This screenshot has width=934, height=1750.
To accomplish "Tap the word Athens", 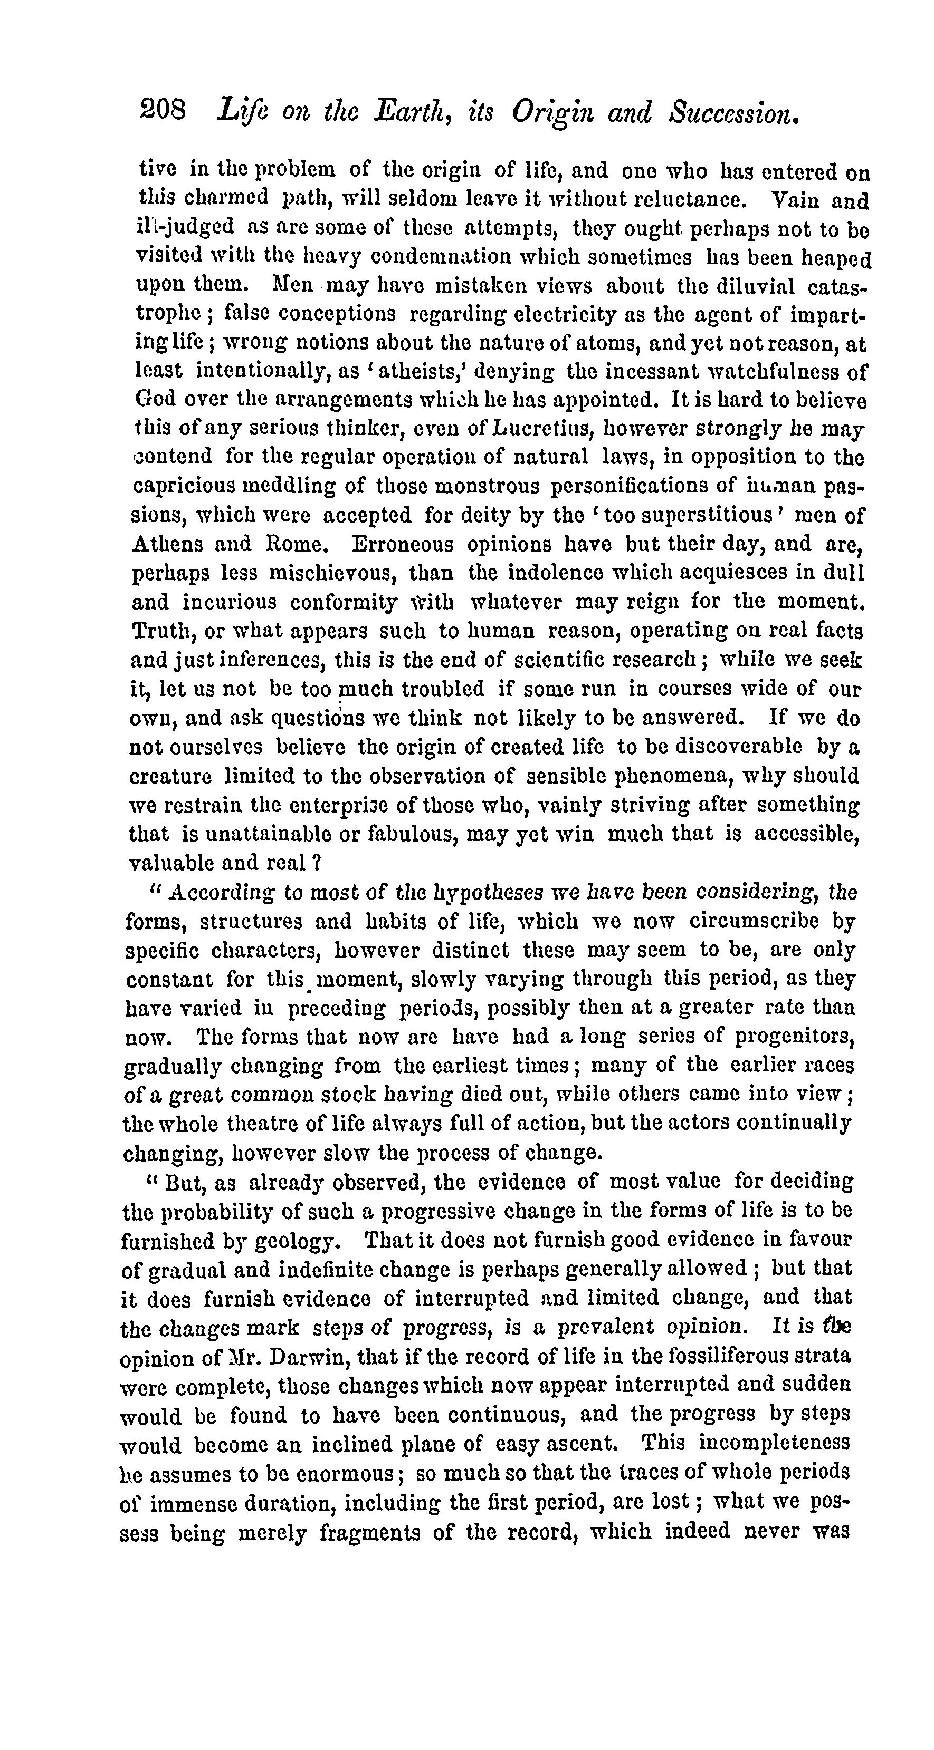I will pos(166,545).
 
